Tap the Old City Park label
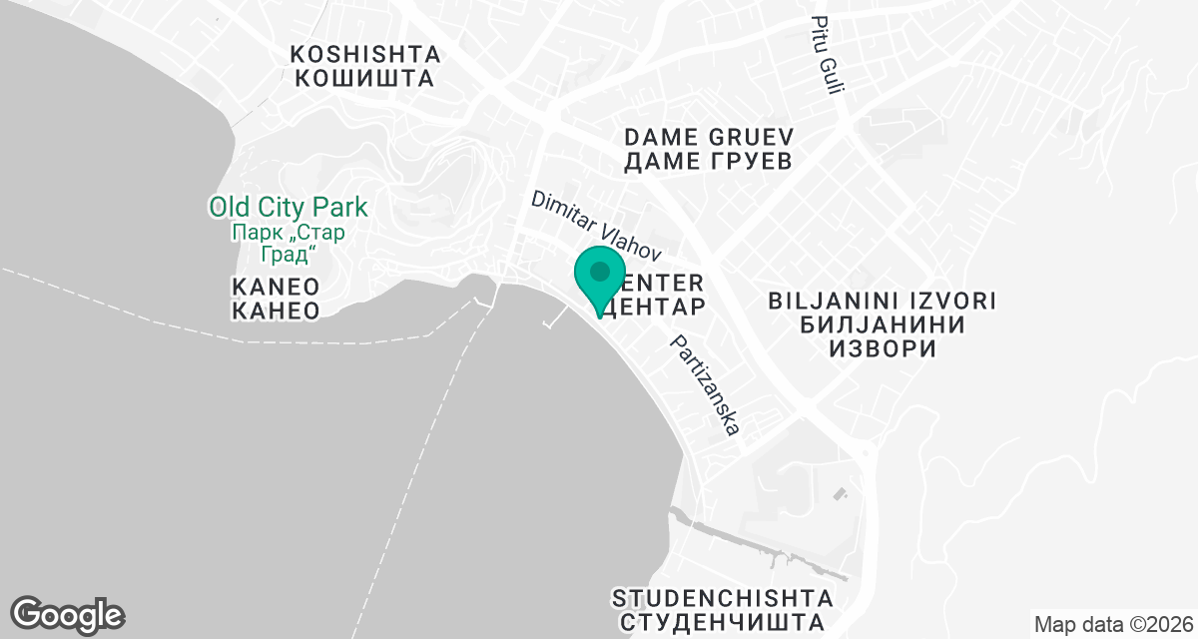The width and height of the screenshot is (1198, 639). coord(289,208)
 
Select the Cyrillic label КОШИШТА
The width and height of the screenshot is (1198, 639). coord(365,78)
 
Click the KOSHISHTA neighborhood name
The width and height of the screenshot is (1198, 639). coord(365,54)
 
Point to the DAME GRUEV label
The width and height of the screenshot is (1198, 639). coord(708,137)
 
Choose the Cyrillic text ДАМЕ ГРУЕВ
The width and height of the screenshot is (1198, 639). coord(708,161)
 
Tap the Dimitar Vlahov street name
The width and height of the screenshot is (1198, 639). coord(596,228)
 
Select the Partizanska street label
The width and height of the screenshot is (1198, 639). coord(706,385)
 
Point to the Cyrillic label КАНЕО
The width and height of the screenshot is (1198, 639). coord(276,312)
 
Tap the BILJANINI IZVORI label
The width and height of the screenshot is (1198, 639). coord(884,301)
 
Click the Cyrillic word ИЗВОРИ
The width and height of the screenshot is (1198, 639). coord(884,349)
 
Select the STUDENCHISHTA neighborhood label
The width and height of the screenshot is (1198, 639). coord(723,599)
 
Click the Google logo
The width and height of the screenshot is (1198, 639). coord(68,614)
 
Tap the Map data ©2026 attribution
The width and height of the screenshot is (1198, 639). coord(1112,625)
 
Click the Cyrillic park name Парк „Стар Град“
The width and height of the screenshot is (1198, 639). coord(289,243)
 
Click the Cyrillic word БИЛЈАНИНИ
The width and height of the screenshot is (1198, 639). coord(884,325)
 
